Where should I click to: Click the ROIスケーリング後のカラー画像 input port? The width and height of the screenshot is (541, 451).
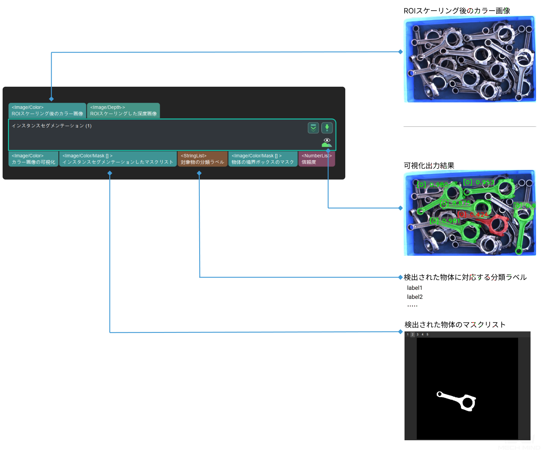point(47,111)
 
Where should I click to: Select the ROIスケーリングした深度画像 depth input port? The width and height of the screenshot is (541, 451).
point(123,111)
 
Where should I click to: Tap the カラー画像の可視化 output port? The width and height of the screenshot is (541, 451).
point(33,159)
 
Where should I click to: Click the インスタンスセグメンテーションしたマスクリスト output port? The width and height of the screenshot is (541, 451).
point(118,159)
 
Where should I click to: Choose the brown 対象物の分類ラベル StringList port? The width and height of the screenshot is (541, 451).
point(202,159)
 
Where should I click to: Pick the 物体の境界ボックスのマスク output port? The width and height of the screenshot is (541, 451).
point(263,159)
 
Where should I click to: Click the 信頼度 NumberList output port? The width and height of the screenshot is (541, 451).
point(316,159)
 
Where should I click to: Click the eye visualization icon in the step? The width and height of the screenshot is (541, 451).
point(327,141)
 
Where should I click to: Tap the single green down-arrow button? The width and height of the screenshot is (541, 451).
point(327,128)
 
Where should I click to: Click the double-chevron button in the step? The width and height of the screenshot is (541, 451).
point(313,128)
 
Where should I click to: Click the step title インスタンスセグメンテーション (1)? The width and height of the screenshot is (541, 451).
point(52,126)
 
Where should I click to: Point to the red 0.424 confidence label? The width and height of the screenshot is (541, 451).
point(473,215)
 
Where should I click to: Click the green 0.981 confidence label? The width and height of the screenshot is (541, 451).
point(445,221)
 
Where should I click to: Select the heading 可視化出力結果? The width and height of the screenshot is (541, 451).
point(429,166)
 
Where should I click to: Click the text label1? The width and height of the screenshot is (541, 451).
point(415,288)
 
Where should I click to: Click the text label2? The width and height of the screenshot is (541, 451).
point(415,297)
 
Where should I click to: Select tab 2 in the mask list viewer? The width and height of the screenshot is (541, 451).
point(412,335)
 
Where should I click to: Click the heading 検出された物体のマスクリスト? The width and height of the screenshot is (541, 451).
point(455,325)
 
